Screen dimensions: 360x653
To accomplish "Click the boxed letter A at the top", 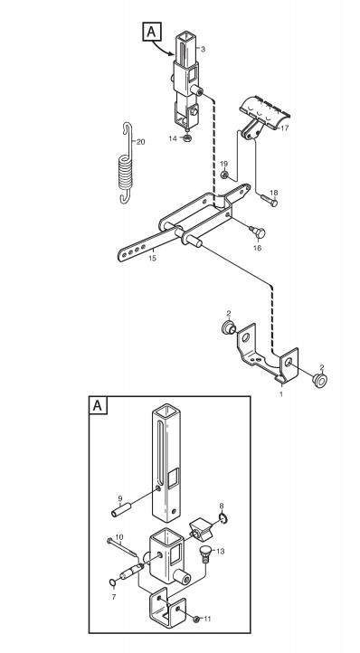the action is tap(152, 32).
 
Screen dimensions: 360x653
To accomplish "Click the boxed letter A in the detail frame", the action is tap(98, 405).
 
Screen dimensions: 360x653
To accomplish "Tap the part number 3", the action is tap(203, 50).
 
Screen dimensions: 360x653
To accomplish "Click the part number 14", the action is tap(173, 138).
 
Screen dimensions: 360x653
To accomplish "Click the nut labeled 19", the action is tap(224, 175).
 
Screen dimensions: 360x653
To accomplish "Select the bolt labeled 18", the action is tap(270, 201).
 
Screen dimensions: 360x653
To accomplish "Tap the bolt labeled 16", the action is tap(258, 232).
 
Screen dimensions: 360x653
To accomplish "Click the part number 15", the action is tap(153, 258).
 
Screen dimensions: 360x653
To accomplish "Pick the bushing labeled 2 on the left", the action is tap(228, 327).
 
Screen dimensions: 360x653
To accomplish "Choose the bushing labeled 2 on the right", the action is tap(319, 381).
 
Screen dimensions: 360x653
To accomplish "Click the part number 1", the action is tap(280, 394).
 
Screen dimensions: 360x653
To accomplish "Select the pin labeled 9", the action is tap(122, 510).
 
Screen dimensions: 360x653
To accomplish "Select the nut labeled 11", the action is tap(196, 619).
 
